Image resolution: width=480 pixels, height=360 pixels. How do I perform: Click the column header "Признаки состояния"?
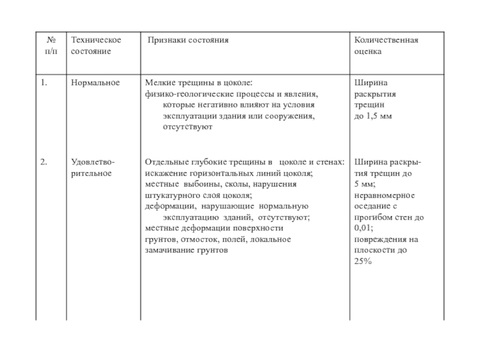(188, 40)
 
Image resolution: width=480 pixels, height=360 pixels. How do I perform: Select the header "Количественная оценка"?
(386, 46)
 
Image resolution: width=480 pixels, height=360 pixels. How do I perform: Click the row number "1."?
(44, 82)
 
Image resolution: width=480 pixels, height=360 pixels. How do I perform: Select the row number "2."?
(44, 161)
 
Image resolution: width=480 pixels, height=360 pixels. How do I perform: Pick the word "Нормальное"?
(95, 82)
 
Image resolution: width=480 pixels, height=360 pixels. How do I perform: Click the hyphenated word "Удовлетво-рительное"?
(94, 167)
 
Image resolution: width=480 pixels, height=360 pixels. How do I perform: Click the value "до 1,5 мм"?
(373, 116)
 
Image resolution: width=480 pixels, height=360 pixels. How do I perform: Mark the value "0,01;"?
(364, 228)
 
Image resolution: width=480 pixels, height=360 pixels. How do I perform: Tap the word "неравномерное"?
(385, 195)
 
